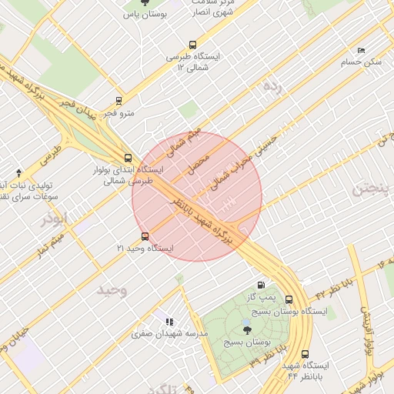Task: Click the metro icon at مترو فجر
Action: [119, 100]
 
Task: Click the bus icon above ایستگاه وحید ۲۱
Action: [145, 236]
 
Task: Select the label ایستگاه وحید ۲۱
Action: [145, 249]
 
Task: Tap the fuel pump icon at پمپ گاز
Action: [268, 285]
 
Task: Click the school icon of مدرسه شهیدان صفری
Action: [169, 322]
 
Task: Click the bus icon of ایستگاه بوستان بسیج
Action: [289, 300]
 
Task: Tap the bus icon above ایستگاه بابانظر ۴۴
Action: [306, 354]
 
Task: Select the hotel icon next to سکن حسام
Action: [361, 50]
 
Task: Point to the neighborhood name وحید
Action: [111, 289]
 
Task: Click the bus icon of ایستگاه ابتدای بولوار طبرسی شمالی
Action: [128, 157]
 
